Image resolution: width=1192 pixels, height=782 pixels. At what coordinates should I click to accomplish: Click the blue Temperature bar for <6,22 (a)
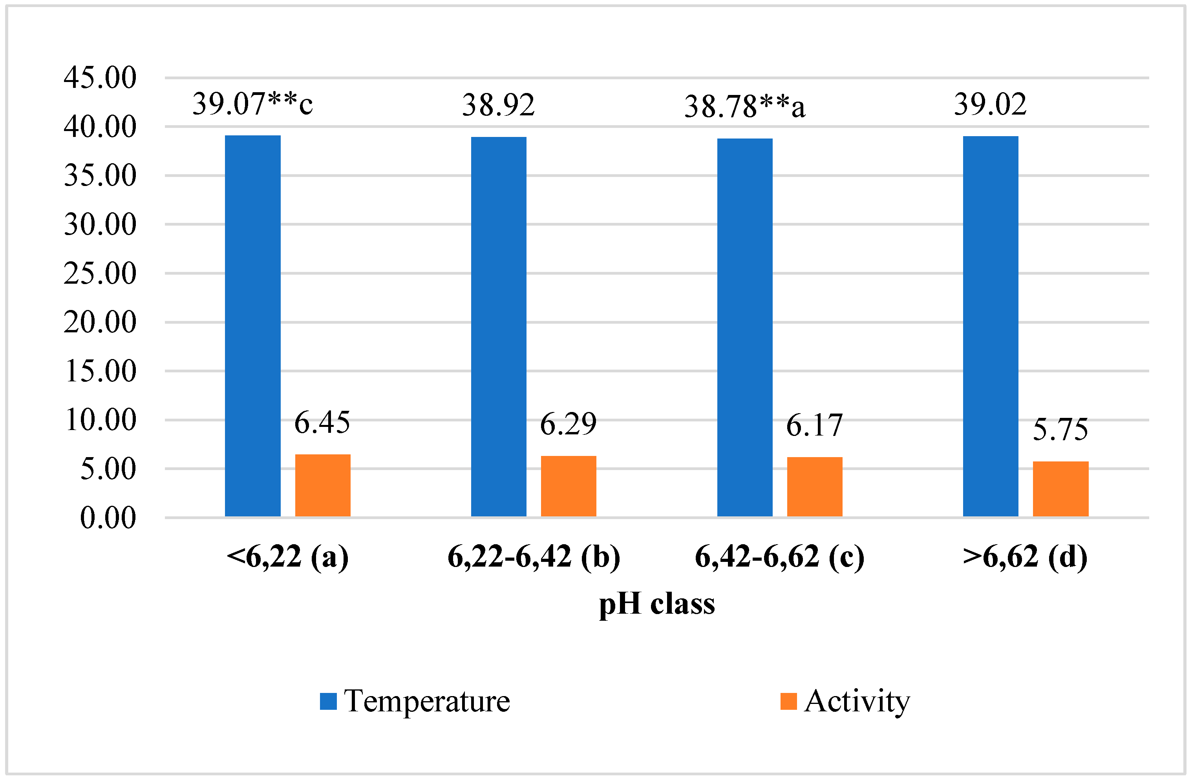click(x=252, y=325)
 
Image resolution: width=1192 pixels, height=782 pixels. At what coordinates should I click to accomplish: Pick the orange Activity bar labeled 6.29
click(x=569, y=486)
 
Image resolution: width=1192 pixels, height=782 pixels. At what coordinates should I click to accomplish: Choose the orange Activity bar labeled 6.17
click(x=815, y=486)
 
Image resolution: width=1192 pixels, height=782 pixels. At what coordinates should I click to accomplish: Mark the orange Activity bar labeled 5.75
click(x=1061, y=488)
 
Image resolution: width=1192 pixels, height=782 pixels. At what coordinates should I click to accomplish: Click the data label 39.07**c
click(x=252, y=104)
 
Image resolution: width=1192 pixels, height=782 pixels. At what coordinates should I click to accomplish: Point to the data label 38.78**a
click(x=745, y=107)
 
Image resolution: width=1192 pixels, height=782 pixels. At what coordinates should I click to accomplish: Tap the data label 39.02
click(x=990, y=104)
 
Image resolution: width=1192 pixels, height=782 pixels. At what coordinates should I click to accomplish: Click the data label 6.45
click(x=322, y=422)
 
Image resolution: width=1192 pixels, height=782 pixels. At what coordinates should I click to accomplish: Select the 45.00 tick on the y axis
click(x=100, y=78)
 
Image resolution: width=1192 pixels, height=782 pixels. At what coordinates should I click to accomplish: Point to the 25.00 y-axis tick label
click(x=100, y=273)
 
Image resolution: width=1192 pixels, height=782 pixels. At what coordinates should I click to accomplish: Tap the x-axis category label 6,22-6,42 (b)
click(x=534, y=557)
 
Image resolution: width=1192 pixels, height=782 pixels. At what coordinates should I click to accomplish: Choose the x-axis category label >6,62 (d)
click(x=1025, y=557)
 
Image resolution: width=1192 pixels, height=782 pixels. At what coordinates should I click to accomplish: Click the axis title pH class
click(x=656, y=603)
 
